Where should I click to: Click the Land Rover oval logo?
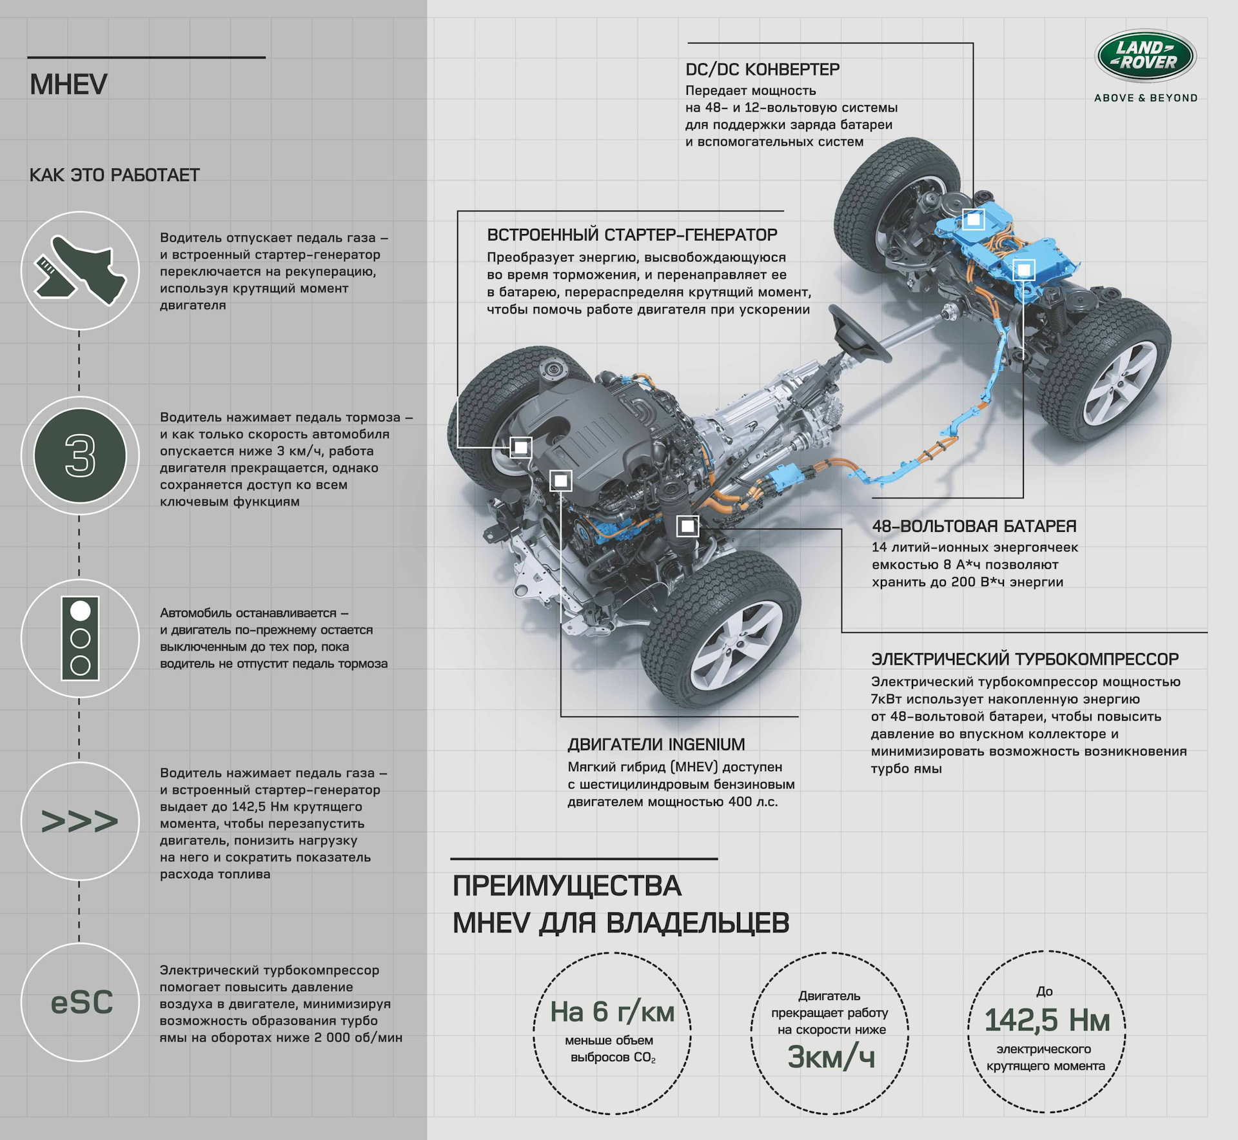pyautogui.click(x=1146, y=56)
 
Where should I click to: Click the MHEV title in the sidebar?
pyautogui.click(x=68, y=84)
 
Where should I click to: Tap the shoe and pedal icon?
pyautogui.click(x=80, y=271)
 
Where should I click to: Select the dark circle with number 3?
pyautogui.click(x=80, y=456)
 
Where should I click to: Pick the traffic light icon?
pyautogui.click(x=80, y=638)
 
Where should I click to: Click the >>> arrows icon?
pyautogui.click(x=80, y=821)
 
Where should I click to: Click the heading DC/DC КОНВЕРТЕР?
pyautogui.click(x=762, y=70)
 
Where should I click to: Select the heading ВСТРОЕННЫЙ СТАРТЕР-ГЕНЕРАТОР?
pyautogui.click(x=632, y=235)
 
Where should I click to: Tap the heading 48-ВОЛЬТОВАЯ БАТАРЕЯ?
pyautogui.click(x=974, y=526)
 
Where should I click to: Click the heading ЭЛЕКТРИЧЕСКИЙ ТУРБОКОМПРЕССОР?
pyautogui.click(x=1025, y=659)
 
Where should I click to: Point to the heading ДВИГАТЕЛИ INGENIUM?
pyautogui.click(x=656, y=745)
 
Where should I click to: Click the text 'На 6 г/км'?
pyautogui.click(x=612, y=1012)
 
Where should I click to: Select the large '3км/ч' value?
pyautogui.click(x=830, y=1057)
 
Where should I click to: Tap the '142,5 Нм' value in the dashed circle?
pyautogui.click(x=1046, y=1020)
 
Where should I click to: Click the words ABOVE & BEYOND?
pyautogui.click(x=1146, y=98)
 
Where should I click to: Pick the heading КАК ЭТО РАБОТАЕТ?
pyautogui.click(x=115, y=175)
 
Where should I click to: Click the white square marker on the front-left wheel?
pyautogui.click(x=521, y=447)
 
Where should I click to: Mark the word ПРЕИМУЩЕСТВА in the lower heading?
pyautogui.click(x=567, y=887)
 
